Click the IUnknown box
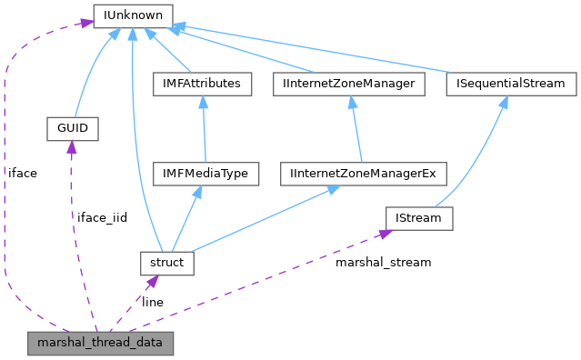[133, 15]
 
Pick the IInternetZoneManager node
[350, 84]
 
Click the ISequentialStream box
[511, 84]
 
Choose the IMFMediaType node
[205, 173]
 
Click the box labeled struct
[163, 263]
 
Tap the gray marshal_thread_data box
[100, 343]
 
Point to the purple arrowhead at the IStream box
[383, 234]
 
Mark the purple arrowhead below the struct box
[152, 281]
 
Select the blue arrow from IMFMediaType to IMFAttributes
[204, 128]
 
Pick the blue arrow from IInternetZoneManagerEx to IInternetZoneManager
[356, 128]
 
